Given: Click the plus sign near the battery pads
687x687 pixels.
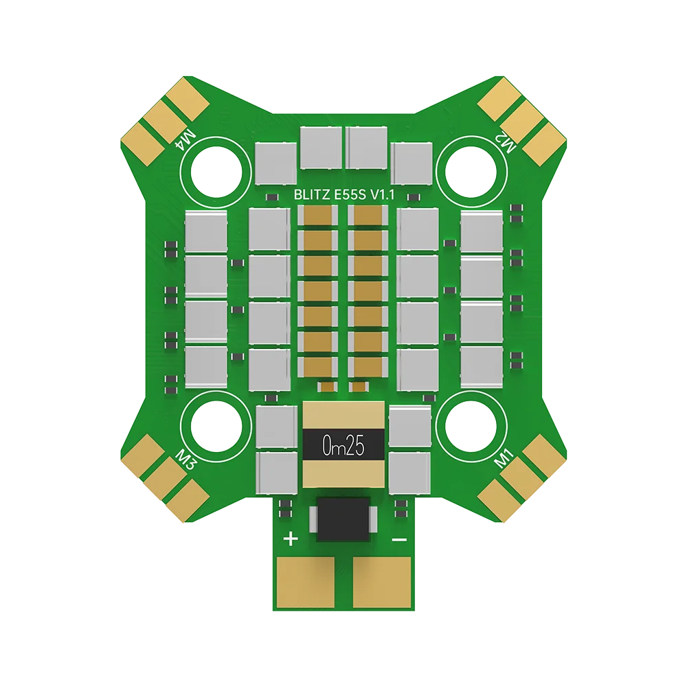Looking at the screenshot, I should (x=291, y=539).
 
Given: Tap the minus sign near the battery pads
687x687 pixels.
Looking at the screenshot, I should (x=398, y=539).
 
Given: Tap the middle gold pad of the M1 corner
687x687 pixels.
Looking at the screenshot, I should (x=526, y=481).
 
